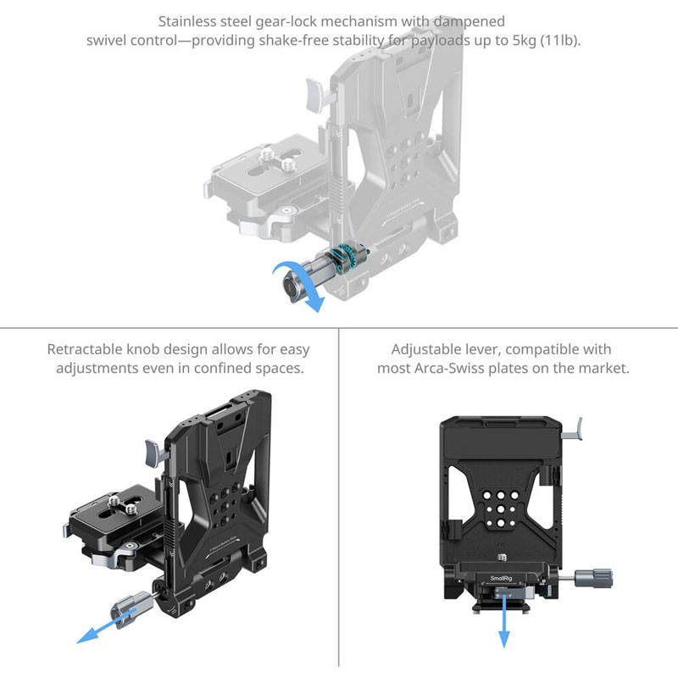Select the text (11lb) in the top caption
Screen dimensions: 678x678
click(x=559, y=40)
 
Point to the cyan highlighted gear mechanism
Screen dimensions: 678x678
click(x=346, y=258)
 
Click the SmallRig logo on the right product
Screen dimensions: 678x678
click(x=501, y=578)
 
